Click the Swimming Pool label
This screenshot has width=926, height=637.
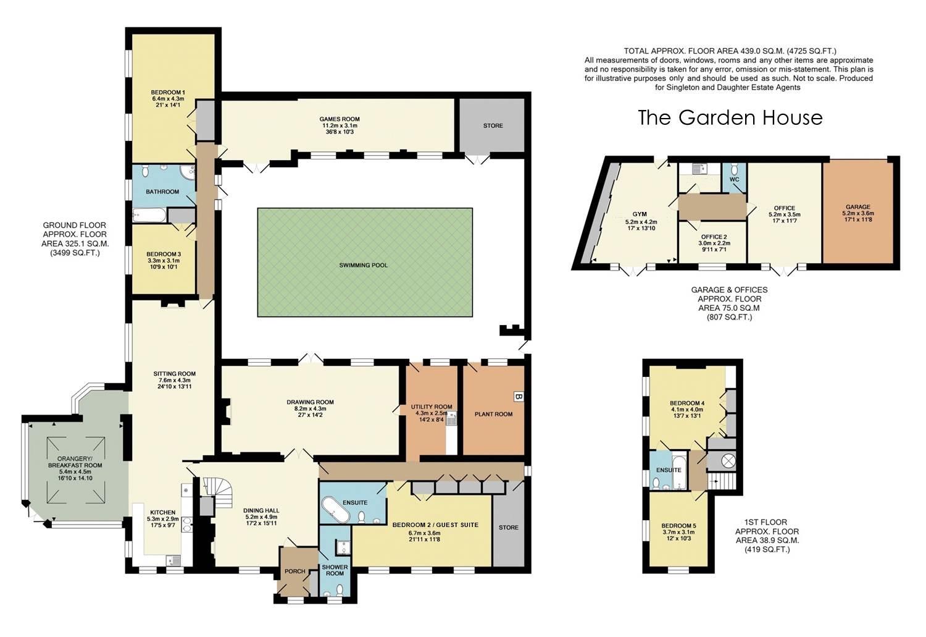364,265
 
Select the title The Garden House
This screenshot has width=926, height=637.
730,117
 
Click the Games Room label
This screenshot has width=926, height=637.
340,119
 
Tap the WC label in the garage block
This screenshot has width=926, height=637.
734,180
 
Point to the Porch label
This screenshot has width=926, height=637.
294,572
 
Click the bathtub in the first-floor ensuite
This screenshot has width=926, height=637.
680,473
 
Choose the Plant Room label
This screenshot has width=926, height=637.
494,414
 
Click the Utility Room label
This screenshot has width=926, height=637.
432,407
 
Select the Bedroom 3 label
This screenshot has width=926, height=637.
164,254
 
